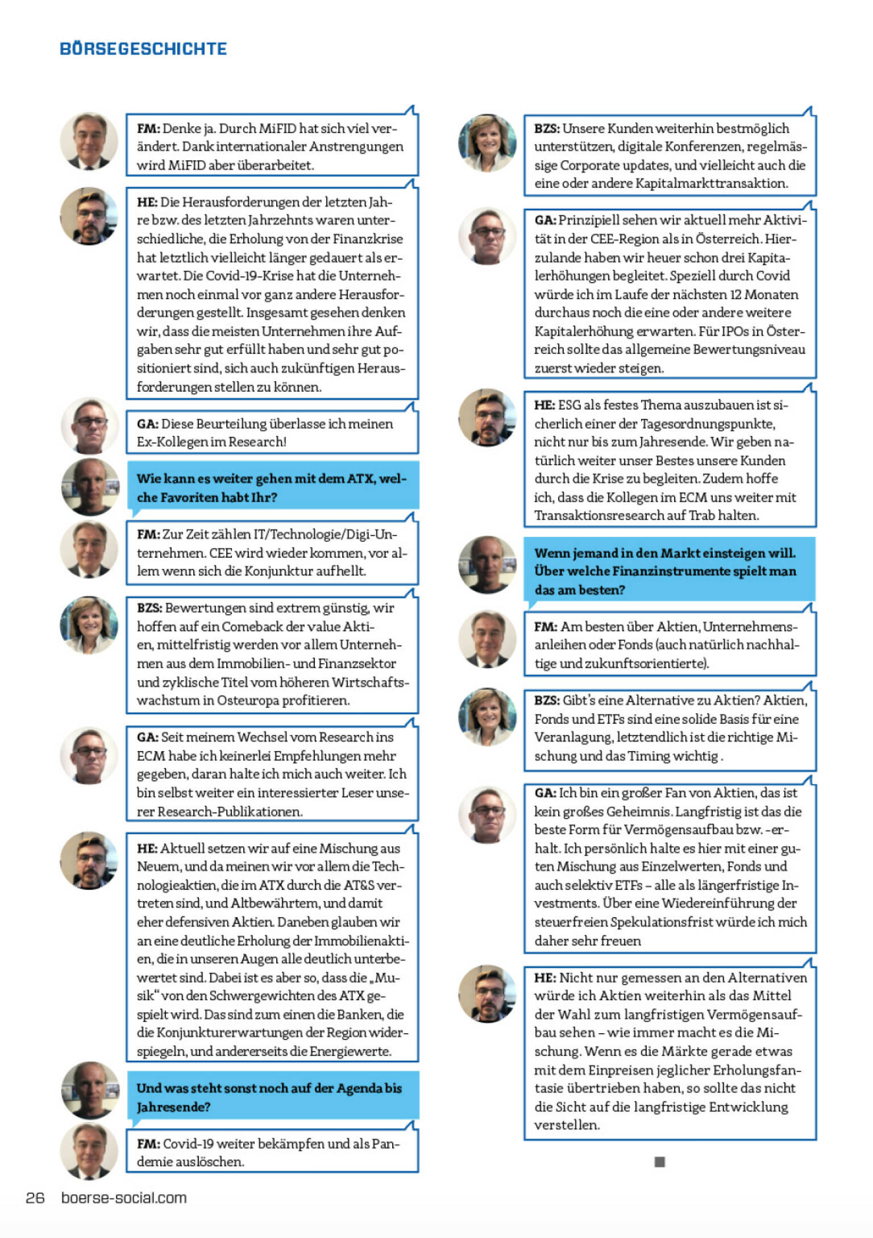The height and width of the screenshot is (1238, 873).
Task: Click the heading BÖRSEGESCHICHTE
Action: pyautogui.click(x=143, y=49)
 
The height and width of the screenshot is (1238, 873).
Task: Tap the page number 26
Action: pyautogui.click(x=35, y=1198)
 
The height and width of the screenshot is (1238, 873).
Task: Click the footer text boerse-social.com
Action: pyautogui.click(x=124, y=1198)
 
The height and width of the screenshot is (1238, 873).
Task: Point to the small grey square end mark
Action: pyautogui.click(x=659, y=1161)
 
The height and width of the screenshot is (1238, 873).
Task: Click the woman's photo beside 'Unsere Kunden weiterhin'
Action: pyautogui.click(x=487, y=143)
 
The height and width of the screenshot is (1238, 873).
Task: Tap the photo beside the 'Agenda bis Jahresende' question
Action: pyautogui.click(x=89, y=1090)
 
